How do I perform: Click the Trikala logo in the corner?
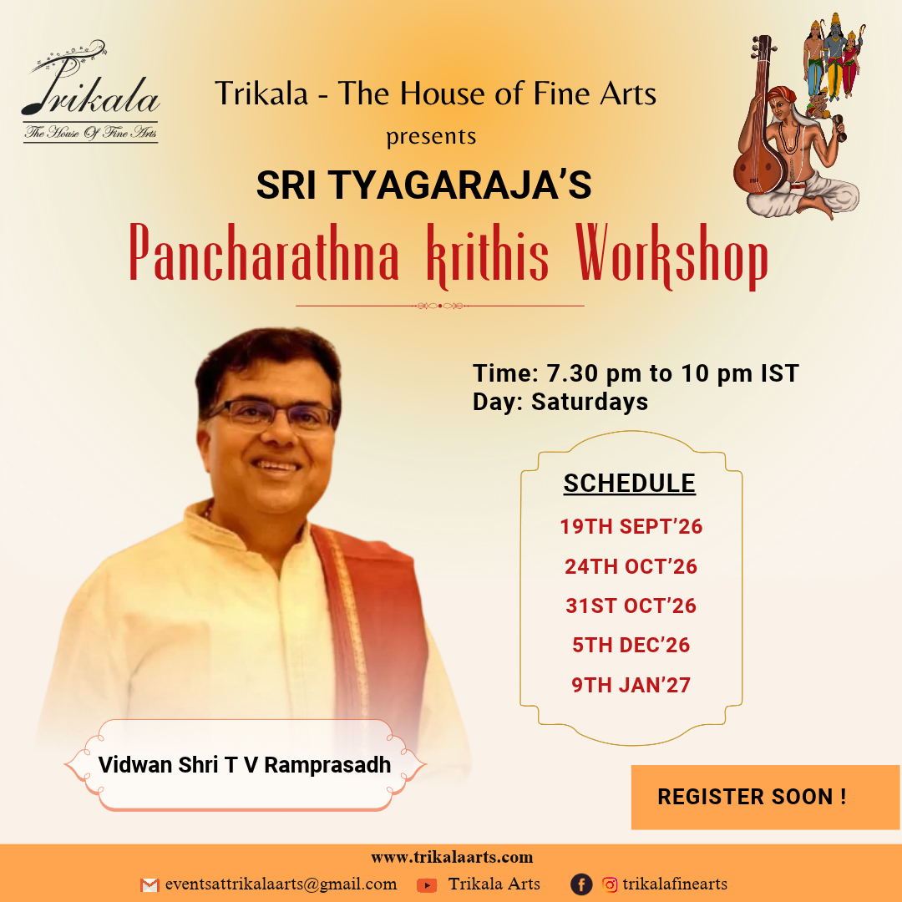(90, 91)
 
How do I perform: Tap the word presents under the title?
(431, 136)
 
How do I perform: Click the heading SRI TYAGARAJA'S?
(424, 185)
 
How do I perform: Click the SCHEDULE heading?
(630, 484)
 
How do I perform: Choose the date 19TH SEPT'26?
(631, 526)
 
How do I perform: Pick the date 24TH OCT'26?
(631, 566)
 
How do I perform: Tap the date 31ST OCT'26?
(631, 606)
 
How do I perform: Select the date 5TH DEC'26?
(631, 646)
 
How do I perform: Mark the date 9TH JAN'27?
(631, 685)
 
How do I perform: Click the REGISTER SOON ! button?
(765, 797)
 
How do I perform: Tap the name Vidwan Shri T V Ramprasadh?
(245, 765)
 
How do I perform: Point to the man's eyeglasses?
(271, 415)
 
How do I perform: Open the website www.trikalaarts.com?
(452, 857)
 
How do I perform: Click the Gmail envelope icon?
(149, 884)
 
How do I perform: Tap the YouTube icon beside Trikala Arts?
(427, 884)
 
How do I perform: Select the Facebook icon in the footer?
(581, 884)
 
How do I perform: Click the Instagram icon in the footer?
(610, 884)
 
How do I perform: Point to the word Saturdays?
(590, 402)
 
